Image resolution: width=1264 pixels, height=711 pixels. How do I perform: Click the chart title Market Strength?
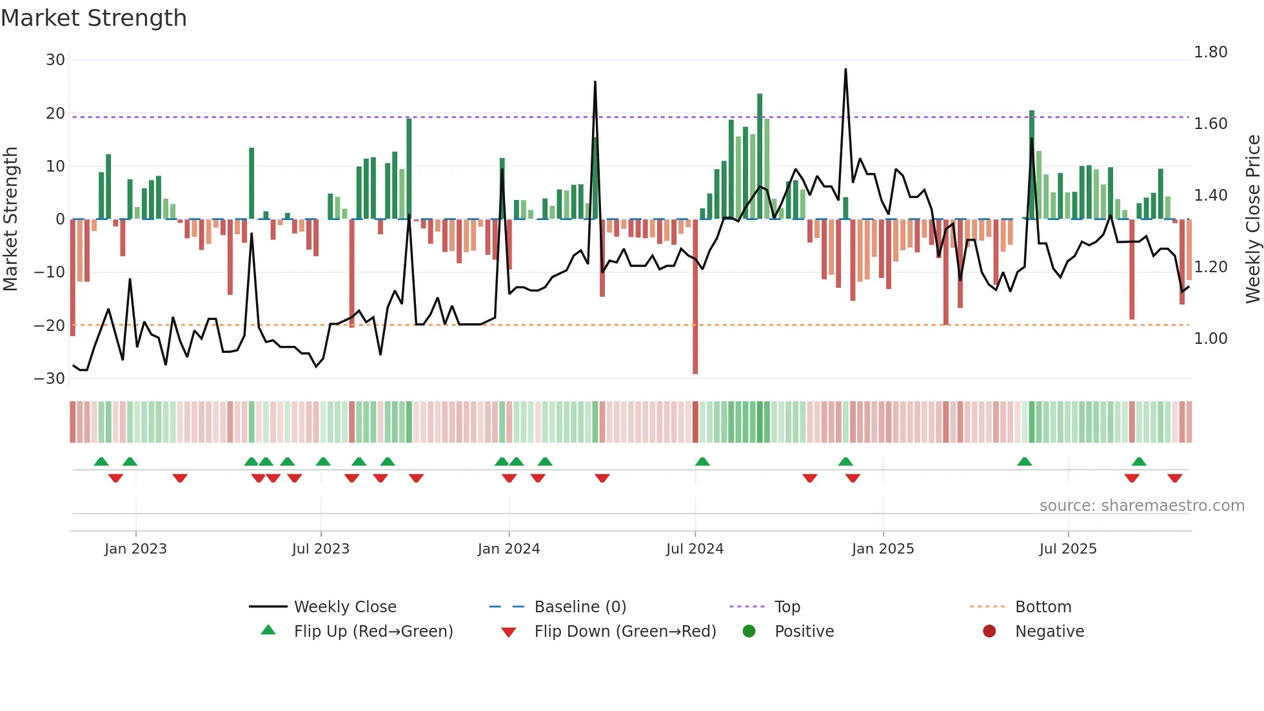pyautogui.click(x=94, y=18)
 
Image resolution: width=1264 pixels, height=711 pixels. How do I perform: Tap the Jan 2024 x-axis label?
pyautogui.click(x=509, y=549)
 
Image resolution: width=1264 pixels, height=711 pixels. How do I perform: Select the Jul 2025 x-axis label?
pyautogui.click(x=1068, y=549)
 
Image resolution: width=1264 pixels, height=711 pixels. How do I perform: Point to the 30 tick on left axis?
pyautogui.click(x=55, y=60)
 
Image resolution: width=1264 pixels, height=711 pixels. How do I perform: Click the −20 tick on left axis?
pyautogui.click(x=50, y=326)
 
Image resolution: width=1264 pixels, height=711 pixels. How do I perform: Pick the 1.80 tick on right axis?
pyautogui.click(x=1210, y=52)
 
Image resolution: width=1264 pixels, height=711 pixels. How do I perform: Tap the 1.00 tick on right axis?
pyautogui.click(x=1210, y=339)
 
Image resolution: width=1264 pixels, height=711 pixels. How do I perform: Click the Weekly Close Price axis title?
pyautogui.click(x=1253, y=219)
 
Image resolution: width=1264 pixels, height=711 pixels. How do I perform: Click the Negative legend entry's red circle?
pyautogui.click(x=989, y=631)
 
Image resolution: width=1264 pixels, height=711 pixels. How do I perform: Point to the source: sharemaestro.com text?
pyautogui.click(x=1141, y=506)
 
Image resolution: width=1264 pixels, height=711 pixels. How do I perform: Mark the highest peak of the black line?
pyautogui.click(x=845, y=70)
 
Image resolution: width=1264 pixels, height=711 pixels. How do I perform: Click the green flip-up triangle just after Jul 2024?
pyautogui.click(x=702, y=461)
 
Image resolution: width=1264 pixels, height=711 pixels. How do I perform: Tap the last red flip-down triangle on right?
pyautogui.click(x=1174, y=478)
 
